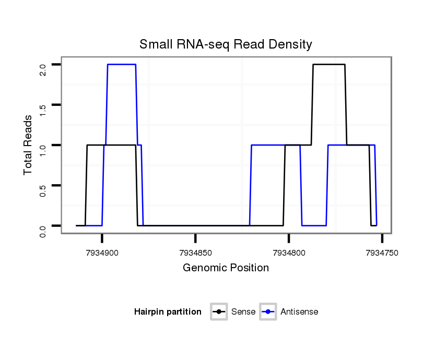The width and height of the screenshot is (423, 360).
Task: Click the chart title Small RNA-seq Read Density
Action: coord(226,44)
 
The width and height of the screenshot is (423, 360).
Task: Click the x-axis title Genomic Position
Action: coord(226,268)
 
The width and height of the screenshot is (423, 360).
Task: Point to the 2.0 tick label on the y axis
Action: coord(43,70)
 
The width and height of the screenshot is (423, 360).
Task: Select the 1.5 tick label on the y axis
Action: coord(43,110)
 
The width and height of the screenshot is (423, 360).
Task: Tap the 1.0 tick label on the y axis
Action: coord(43,150)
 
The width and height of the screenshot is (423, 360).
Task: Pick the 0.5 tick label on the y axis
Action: coord(43,190)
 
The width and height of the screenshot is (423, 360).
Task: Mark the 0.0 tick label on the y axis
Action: coord(43,230)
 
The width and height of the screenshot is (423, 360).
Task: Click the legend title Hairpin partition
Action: coord(168,312)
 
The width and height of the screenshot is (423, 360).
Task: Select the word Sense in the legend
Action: coord(243,312)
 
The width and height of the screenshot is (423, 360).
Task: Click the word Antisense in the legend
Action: coord(299,312)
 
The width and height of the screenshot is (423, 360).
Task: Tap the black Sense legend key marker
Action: coord(219,312)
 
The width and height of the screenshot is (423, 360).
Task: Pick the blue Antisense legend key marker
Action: coord(268,312)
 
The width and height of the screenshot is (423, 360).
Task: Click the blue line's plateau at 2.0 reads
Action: coord(121,65)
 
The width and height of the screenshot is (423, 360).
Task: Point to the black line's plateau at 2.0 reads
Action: coord(329,65)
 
